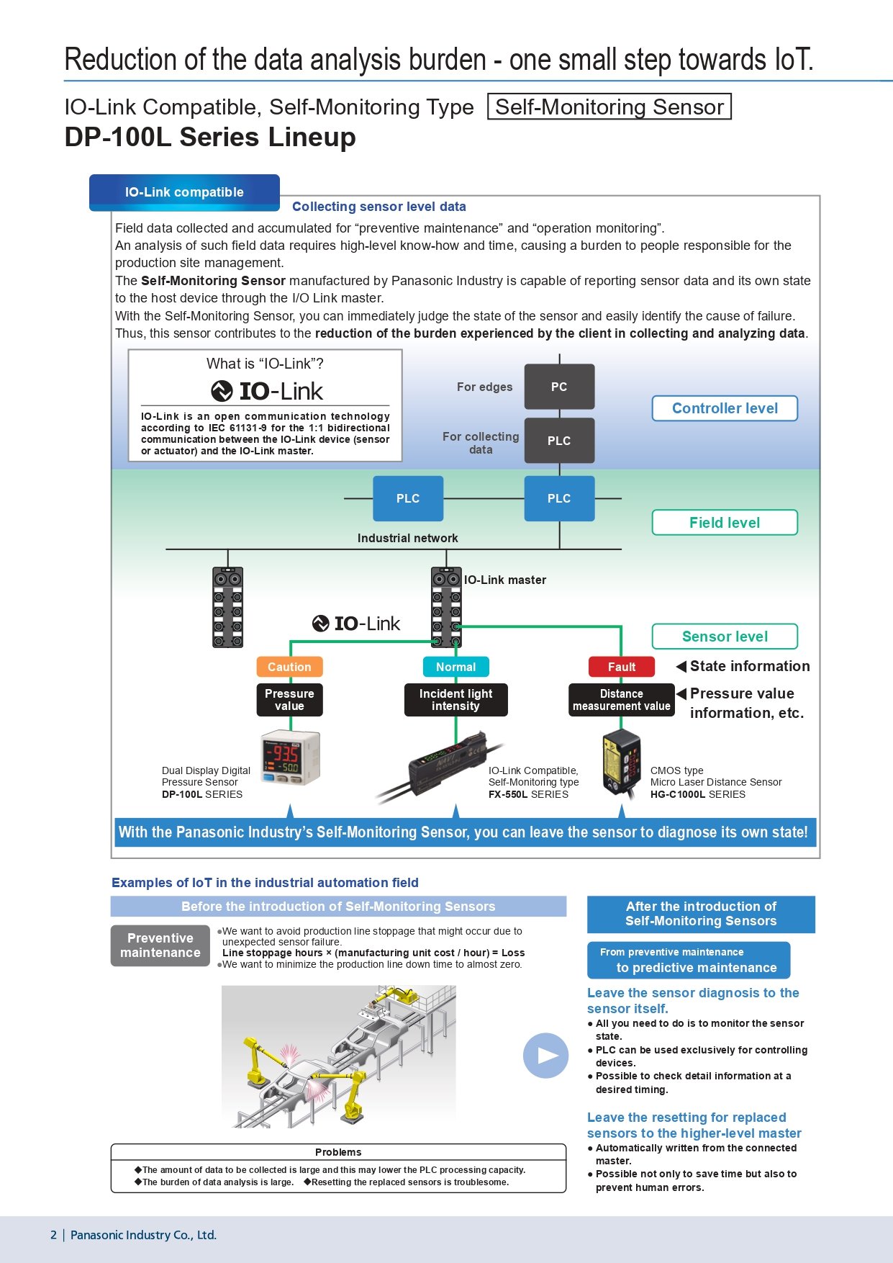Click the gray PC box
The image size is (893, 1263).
pyautogui.click(x=559, y=387)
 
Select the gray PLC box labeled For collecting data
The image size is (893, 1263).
pyautogui.click(x=559, y=441)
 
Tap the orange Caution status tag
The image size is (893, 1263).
pyautogui.click(x=289, y=667)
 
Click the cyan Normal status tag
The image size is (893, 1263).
pyautogui.click(x=455, y=667)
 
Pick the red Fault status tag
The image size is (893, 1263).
pyautogui.click(x=621, y=667)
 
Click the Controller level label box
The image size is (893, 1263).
pyautogui.click(x=725, y=408)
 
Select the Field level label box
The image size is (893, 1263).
pyautogui.click(x=725, y=523)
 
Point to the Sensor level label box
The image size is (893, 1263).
pyautogui.click(x=725, y=637)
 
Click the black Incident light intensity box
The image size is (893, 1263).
pyautogui.click(x=455, y=700)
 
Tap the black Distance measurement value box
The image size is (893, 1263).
pyautogui.click(x=621, y=700)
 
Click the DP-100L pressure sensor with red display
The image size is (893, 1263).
pyautogui.click(x=290, y=758)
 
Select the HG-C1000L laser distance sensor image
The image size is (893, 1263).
pyautogui.click(x=621, y=762)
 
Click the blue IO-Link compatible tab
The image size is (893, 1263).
pyautogui.click(x=184, y=192)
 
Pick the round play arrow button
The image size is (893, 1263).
pyautogui.click(x=545, y=1056)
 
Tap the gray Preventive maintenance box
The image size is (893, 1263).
pyautogui.click(x=160, y=945)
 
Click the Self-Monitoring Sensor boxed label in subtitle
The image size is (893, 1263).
pyautogui.click(x=609, y=107)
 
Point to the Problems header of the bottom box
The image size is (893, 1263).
pyautogui.click(x=338, y=1152)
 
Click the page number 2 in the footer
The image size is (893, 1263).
pyautogui.click(x=53, y=1235)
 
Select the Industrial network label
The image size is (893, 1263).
pyautogui.click(x=407, y=538)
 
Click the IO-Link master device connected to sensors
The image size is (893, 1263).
pyautogui.click(x=446, y=607)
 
